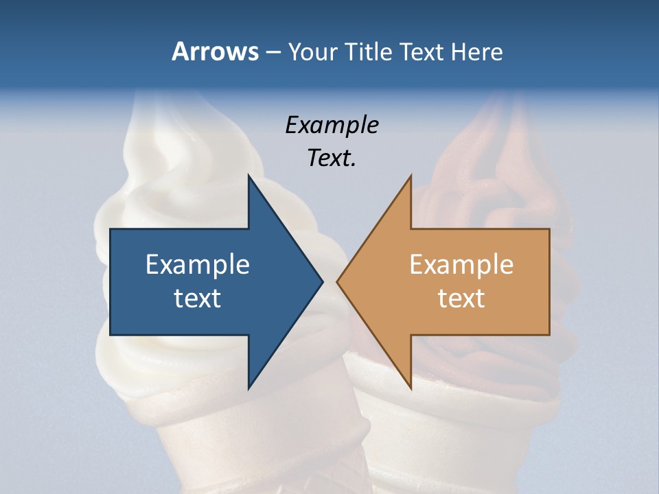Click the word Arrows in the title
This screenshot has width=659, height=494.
pos(215,51)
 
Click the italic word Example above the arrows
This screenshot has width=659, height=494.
pos(332,125)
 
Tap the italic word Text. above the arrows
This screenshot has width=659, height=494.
pos(332,158)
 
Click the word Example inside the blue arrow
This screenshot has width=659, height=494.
pos(198,264)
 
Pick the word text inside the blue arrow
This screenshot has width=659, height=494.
pos(198,298)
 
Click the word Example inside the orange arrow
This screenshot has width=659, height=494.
pos(461,264)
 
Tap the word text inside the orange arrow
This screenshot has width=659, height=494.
pos(461,298)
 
